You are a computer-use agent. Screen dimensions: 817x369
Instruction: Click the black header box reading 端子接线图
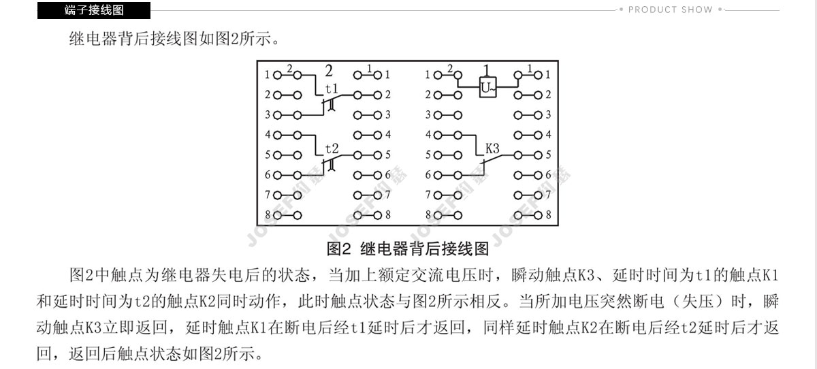click(x=94, y=10)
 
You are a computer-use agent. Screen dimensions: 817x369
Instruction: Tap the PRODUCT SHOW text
click(x=671, y=10)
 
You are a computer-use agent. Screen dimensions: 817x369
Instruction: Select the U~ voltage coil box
click(x=487, y=86)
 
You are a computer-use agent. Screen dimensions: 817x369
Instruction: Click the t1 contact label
click(x=332, y=89)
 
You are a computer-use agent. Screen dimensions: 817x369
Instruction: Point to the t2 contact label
click(x=332, y=148)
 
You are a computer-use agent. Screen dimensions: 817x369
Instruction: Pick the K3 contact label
click(x=492, y=148)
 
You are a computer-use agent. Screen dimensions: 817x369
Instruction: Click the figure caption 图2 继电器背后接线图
click(x=407, y=248)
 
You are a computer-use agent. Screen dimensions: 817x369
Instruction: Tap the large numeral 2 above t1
click(x=329, y=71)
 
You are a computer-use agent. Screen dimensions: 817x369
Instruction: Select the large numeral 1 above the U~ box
click(x=486, y=70)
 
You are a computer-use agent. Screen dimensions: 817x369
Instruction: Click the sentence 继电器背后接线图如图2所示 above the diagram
click(x=174, y=39)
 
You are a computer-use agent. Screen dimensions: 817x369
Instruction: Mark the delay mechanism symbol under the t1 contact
click(x=331, y=105)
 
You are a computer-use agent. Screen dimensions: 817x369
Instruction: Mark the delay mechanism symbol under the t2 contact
click(x=331, y=165)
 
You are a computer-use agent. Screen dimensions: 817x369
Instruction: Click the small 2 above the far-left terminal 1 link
click(x=289, y=68)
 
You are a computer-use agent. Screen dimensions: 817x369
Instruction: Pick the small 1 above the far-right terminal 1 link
click(x=530, y=68)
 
